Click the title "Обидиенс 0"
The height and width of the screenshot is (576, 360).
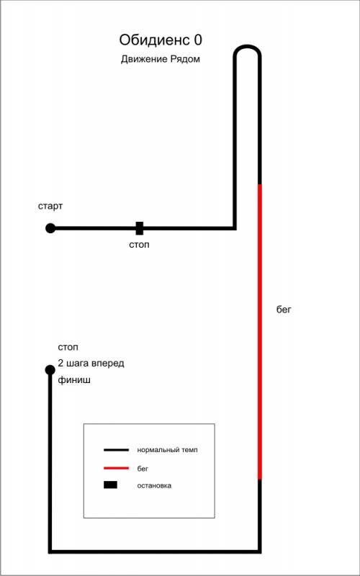point(161,40)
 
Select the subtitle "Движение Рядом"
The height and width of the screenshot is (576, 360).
point(161,60)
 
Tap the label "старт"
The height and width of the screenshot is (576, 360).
point(50,207)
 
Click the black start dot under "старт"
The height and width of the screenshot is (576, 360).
point(50,228)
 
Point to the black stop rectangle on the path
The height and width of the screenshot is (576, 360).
point(140,228)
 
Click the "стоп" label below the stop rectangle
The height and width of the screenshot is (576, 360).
point(139,245)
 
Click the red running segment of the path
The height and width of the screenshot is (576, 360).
point(260,332)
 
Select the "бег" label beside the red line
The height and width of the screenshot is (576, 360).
point(284,310)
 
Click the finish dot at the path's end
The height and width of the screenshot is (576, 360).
point(50,369)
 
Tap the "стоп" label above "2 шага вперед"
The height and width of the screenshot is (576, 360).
point(68,347)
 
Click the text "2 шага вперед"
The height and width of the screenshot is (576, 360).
point(91,364)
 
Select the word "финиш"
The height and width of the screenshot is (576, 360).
point(74,381)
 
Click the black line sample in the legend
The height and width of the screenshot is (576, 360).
point(116,449)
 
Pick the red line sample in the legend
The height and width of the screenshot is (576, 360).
point(116,469)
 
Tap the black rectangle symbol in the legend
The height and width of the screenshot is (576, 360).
point(110,485)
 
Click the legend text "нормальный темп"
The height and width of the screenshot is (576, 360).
point(168,449)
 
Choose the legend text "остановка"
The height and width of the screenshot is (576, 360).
point(154,485)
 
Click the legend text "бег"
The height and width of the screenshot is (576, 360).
point(143,469)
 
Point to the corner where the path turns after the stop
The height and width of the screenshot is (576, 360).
point(235,228)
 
